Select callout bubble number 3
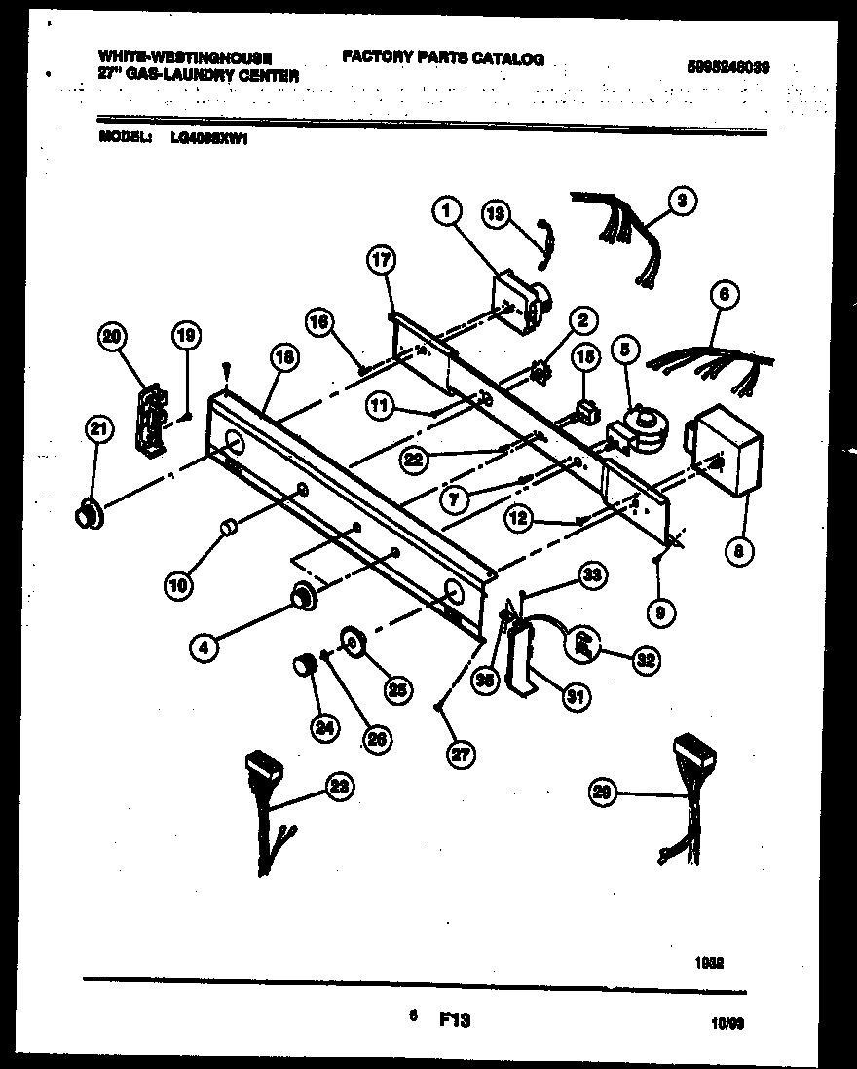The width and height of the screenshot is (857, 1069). tap(682, 202)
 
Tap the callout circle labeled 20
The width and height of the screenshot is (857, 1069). tap(113, 337)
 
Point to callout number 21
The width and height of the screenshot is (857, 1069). tap(100, 428)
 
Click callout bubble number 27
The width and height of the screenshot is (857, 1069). tap(454, 754)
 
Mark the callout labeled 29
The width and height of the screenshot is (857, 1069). tap(606, 795)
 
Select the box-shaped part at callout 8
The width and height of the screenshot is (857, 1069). tap(726, 449)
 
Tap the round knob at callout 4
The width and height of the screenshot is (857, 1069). tap(302, 594)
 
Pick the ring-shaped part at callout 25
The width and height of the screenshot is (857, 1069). tap(352, 643)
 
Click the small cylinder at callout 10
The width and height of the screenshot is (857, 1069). tap(229, 527)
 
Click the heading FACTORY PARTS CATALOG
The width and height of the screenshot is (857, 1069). tap(443, 59)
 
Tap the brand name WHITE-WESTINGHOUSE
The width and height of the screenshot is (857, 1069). tap(185, 58)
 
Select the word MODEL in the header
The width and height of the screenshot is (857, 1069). tap(124, 137)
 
